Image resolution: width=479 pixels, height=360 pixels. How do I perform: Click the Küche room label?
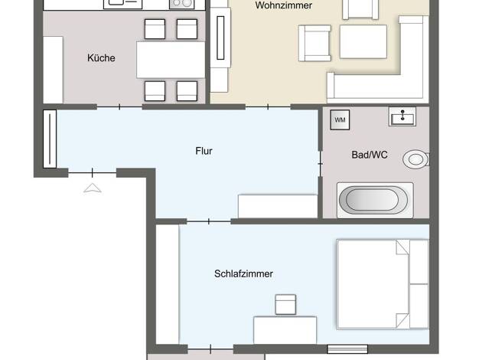[101, 57]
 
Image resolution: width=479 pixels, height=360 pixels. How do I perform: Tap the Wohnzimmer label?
[283, 5]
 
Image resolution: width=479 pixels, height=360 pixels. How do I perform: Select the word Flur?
[204, 151]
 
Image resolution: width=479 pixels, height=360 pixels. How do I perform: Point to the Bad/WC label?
[370, 155]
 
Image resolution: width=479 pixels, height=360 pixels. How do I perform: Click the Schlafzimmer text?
[243, 273]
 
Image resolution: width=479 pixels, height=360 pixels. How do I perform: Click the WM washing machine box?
[340, 119]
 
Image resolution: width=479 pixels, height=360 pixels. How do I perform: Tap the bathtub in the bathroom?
[375, 200]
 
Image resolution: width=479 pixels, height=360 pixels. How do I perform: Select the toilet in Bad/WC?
[415, 159]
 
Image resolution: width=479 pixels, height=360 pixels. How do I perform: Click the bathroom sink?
[402, 116]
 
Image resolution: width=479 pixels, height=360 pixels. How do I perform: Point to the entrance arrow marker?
[93, 188]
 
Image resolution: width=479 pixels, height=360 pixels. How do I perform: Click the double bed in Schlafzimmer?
[383, 284]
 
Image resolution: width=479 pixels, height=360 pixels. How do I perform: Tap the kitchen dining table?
[171, 60]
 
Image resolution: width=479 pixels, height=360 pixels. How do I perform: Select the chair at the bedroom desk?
[285, 304]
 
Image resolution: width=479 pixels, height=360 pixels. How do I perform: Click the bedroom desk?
[285, 330]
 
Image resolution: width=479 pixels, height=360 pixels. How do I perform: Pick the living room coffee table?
[363, 41]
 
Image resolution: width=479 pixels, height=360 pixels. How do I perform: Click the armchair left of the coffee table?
[315, 43]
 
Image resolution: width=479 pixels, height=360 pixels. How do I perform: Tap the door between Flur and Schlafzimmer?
[209, 221]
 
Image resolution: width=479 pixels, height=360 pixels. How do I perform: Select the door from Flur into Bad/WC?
[320, 164]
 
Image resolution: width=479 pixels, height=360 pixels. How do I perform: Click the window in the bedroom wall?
[347, 349]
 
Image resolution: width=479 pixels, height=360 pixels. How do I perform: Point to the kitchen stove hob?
[182, 4]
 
